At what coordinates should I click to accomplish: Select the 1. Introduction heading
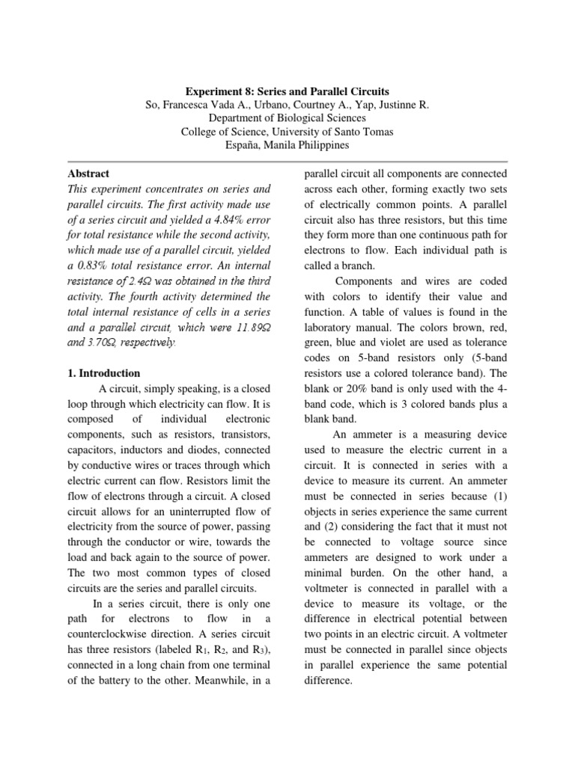tap(103, 373)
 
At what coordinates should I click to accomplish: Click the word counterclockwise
tap(110, 633)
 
